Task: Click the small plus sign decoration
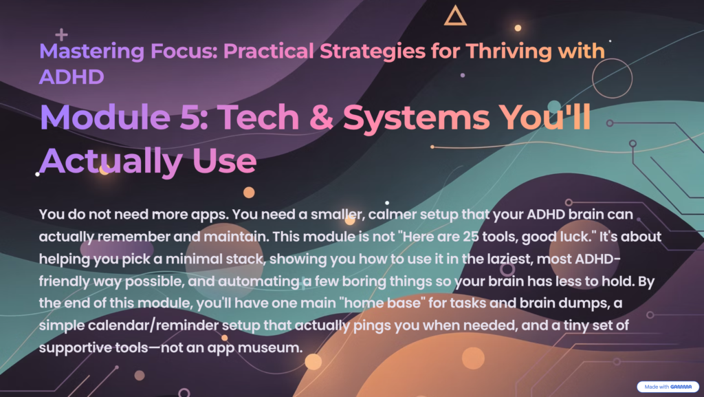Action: pos(62,33)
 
